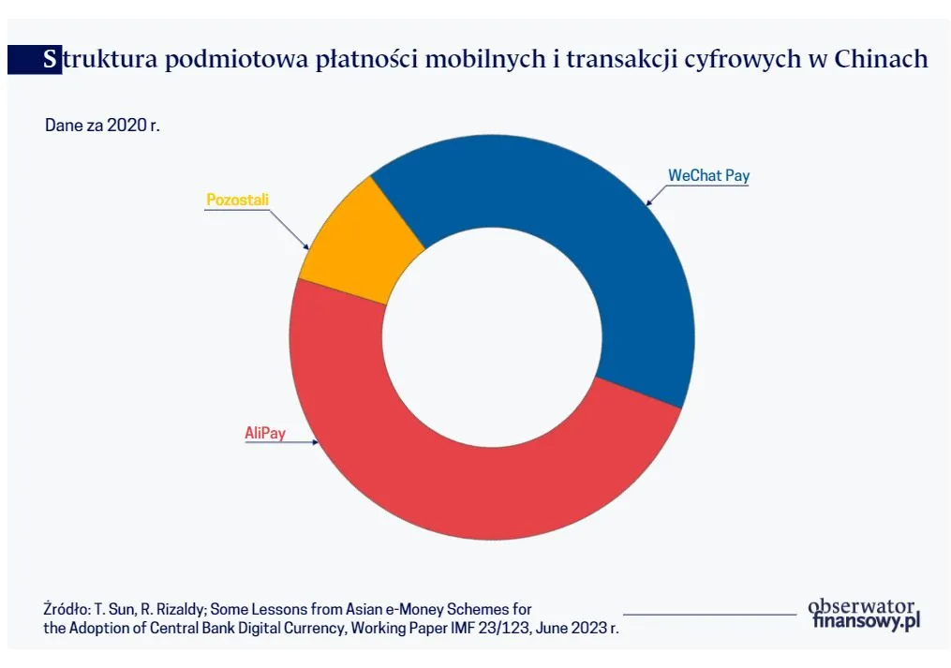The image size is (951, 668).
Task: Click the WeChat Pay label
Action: click(708, 175)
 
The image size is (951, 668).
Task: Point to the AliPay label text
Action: click(265, 433)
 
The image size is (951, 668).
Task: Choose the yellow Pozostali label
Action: click(230, 200)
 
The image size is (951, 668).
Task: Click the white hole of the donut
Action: click(492, 337)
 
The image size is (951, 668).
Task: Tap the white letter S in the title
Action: click(50, 59)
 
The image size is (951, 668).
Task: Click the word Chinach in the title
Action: click(880, 59)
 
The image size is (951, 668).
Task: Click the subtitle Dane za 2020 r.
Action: click(102, 125)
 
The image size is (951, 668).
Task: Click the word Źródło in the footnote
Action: click(67, 609)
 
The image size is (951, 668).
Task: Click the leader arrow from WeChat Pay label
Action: click(657, 194)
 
